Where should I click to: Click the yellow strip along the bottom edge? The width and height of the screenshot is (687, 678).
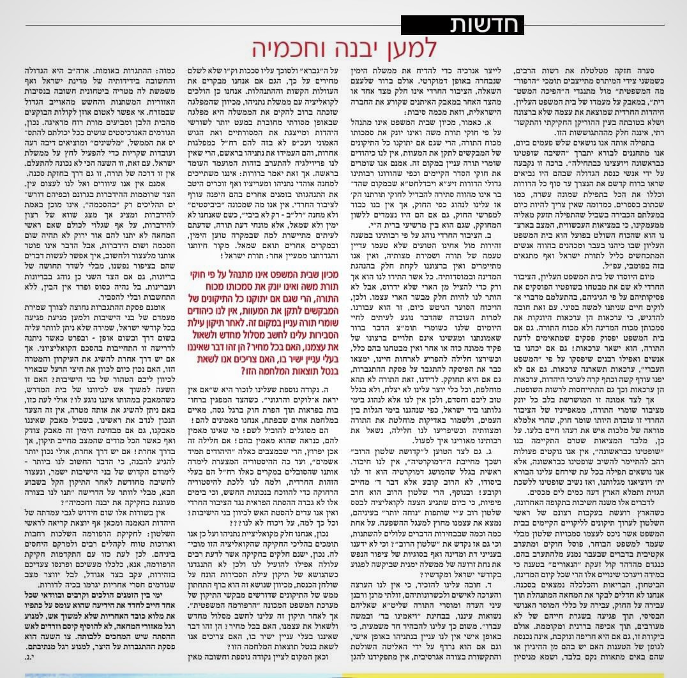[511, 675]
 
